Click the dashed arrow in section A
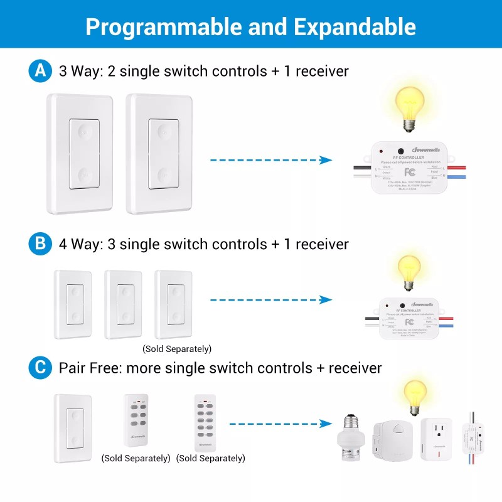270,161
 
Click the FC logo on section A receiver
410,171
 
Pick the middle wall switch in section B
124,304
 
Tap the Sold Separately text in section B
177,349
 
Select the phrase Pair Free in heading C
89,368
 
